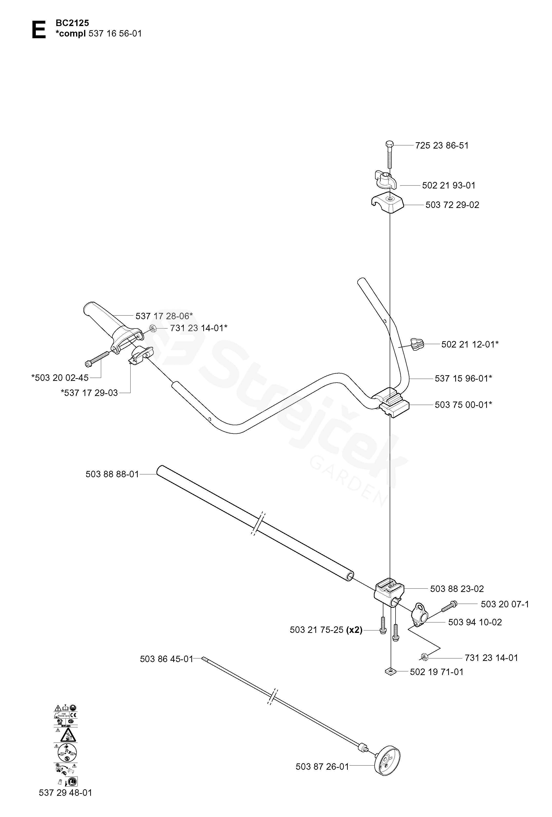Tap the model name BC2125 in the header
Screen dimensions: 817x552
tap(72, 23)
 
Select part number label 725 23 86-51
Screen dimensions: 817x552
tap(442, 146)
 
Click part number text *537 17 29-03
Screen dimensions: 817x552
tap(89, 393)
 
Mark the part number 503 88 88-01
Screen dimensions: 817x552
tap(112, 474)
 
